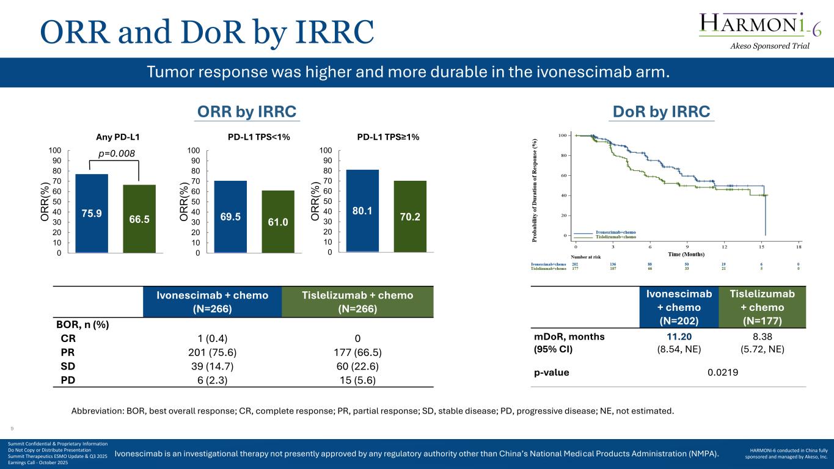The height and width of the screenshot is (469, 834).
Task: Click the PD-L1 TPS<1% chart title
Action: point(258,137)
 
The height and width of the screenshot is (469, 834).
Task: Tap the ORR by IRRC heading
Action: point(246,112)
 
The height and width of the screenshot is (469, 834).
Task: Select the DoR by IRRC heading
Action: point(662,112)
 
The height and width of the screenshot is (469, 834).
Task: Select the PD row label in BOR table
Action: point(68,379)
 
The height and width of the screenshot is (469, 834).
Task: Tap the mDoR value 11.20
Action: point(679,336)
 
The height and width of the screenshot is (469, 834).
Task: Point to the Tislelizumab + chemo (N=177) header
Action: point(763,308)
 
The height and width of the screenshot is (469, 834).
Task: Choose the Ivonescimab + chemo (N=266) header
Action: point(212,302)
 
